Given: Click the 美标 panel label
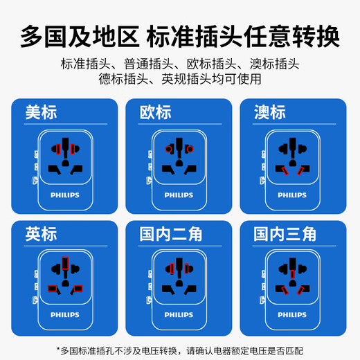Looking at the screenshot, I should [42, 112].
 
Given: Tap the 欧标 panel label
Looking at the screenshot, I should [155, 113].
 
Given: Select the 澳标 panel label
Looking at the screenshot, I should [269, 113].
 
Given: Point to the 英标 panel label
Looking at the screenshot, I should [42, 234].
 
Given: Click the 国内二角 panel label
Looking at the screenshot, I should [170, 234].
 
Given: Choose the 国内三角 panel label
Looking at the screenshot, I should [285, 234].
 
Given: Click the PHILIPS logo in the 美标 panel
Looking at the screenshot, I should [64, 195].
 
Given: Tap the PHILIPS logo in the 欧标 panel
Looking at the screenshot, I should [179, 195].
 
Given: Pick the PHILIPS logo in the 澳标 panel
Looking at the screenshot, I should [291, 195].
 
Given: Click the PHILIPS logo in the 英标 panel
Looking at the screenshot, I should [64, 316].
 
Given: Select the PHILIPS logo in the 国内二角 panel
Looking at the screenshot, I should [179, 316].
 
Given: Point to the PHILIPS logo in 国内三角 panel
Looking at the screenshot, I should [291, 316].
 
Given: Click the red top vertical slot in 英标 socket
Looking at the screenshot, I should [65, 264].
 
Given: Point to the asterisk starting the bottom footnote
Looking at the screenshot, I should [58, 350].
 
